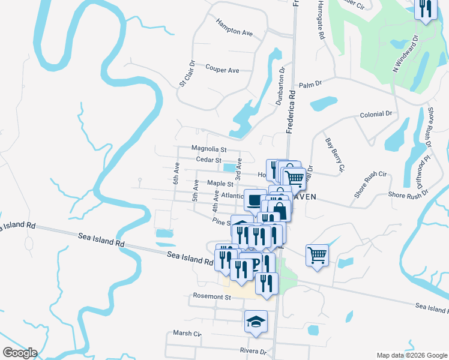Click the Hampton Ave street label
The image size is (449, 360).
pos(234,32)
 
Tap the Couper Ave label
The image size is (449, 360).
pos(222,70)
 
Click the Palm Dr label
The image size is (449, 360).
pos(310,84)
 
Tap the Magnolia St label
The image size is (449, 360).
pos(209,149)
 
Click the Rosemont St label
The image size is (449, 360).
pos(212,296)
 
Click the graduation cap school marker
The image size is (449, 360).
pos(256,321)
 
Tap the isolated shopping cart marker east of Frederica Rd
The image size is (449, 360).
pos(316,254)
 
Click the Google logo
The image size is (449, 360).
pos(19,353)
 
